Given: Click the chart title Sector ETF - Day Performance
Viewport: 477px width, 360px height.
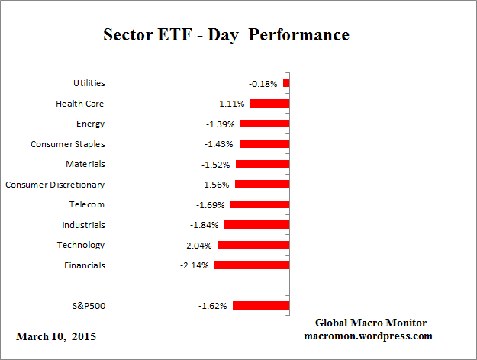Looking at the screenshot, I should (x=226, y=35).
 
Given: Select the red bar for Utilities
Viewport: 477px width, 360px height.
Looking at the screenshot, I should (x=286, y=83).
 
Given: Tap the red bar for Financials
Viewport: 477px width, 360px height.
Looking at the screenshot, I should (x=252, y=265).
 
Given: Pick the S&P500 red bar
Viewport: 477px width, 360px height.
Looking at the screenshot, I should (x=261, y=306).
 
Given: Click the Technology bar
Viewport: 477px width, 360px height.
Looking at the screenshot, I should (x=253, y=245).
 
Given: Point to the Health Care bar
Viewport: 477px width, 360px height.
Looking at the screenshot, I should (x=269, y=103).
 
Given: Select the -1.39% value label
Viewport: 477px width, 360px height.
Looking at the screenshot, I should (x=220, y=124).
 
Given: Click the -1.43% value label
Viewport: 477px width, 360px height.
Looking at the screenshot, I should (x=220, y=144).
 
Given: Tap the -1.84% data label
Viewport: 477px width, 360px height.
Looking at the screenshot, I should (x=204, y=225).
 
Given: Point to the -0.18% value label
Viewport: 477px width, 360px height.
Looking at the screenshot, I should (x=263, y=83).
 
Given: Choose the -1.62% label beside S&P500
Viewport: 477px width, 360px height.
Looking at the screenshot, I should (x=213, y=306).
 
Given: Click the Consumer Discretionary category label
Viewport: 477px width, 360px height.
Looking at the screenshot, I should (x=55, y=185).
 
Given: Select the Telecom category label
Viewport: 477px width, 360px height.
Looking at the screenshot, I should (x=85, y=204).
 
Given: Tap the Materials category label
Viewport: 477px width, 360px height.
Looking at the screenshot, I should (x=85, y=164).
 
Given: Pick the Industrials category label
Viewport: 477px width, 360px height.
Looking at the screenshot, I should (x=83, y=225).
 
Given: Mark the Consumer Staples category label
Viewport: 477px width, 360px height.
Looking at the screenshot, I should (x=67, y=144).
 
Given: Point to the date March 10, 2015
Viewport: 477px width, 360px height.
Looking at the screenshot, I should (x=56, y=336).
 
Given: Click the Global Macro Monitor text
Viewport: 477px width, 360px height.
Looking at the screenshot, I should (x=371, y=323).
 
